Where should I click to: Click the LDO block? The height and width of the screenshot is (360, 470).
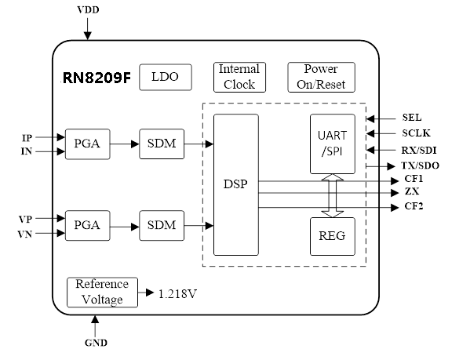[x=166, y=78]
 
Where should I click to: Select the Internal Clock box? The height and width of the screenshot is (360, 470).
[x=239, y=78]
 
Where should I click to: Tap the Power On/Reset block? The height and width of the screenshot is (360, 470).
[x=322, y=78]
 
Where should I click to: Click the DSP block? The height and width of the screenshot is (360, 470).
[x=236, y=184]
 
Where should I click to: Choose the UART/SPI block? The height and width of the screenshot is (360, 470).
[x=333, y=144]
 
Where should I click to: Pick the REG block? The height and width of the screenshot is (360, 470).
[x=333, y=236]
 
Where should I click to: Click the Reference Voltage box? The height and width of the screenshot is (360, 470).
[x=102, y=292]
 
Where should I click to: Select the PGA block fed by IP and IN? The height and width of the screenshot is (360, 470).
[x=88, y=144]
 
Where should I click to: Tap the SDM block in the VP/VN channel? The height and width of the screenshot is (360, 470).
[x=162, y=226]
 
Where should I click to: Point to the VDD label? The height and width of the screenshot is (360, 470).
[x=88, y=10]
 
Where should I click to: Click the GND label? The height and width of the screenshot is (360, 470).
[x=96, y=343]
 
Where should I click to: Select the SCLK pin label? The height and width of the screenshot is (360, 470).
[x=416, y=133]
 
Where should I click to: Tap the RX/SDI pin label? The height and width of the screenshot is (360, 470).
[x=419, y=150]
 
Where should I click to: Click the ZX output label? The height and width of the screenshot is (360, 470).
[x=412, y=191]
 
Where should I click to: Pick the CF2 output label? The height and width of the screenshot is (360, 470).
[x=414, y=206]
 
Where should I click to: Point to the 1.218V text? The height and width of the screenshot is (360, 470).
[x=177, y=294]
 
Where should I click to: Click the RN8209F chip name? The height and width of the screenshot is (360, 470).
[x=97, y=78]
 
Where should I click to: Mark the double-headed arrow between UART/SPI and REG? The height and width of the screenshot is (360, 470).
[x=333, y=195]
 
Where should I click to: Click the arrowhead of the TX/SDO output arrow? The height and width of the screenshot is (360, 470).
[x=392, y=166]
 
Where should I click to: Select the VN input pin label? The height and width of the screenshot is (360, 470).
[x=25, y=234]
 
